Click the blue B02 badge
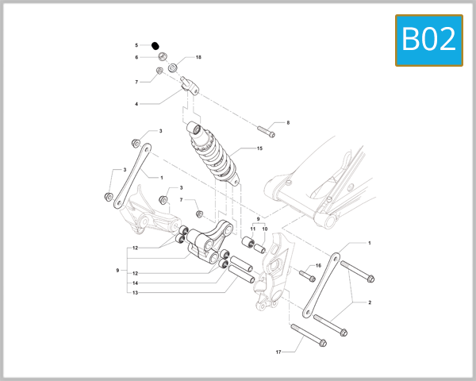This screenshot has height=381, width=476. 428,39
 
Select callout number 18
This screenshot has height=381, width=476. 198,58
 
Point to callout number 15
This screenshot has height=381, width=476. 259,148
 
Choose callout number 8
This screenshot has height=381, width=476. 288,122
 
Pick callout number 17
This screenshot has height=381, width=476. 278,351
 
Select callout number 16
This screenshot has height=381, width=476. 318,266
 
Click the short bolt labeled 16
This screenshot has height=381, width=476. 307,276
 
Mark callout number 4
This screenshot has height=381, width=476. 136,104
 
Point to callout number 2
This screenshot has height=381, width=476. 369,302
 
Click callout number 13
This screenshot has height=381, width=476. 136,293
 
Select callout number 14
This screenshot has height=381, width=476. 136,283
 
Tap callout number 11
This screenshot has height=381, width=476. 253,229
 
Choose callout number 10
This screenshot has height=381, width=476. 264,229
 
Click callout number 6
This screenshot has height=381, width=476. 136,57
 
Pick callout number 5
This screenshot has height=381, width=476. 136,45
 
